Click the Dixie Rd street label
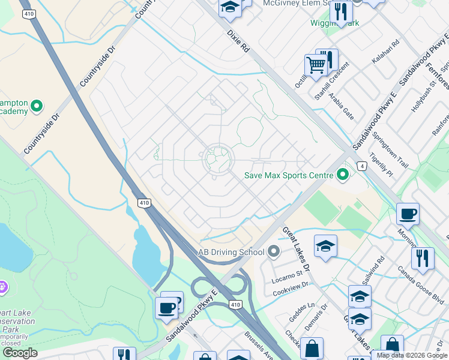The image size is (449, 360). (238, 42)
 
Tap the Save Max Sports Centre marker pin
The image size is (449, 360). (343, 175)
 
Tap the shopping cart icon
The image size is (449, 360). (316, 64)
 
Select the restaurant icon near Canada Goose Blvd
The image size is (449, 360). (423, 258)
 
